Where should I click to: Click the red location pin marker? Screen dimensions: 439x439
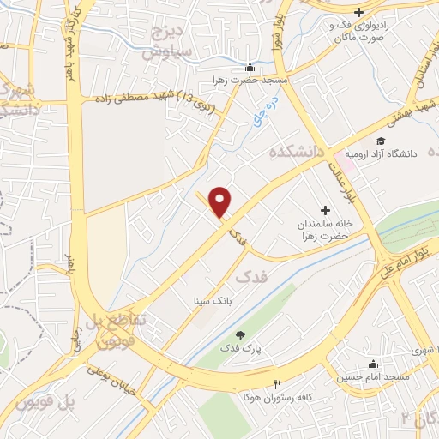[221, 202]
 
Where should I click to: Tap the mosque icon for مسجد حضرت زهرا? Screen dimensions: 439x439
[250, 68]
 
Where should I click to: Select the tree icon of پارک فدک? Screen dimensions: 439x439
[240, 335]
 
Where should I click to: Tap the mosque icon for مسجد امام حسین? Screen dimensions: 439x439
[372, 364]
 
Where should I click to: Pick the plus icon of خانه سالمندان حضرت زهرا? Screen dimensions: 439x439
[325, 209]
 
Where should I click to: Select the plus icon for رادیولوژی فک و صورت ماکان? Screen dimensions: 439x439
[359, 12]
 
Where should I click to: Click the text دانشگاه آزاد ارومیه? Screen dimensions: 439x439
[403, 153]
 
